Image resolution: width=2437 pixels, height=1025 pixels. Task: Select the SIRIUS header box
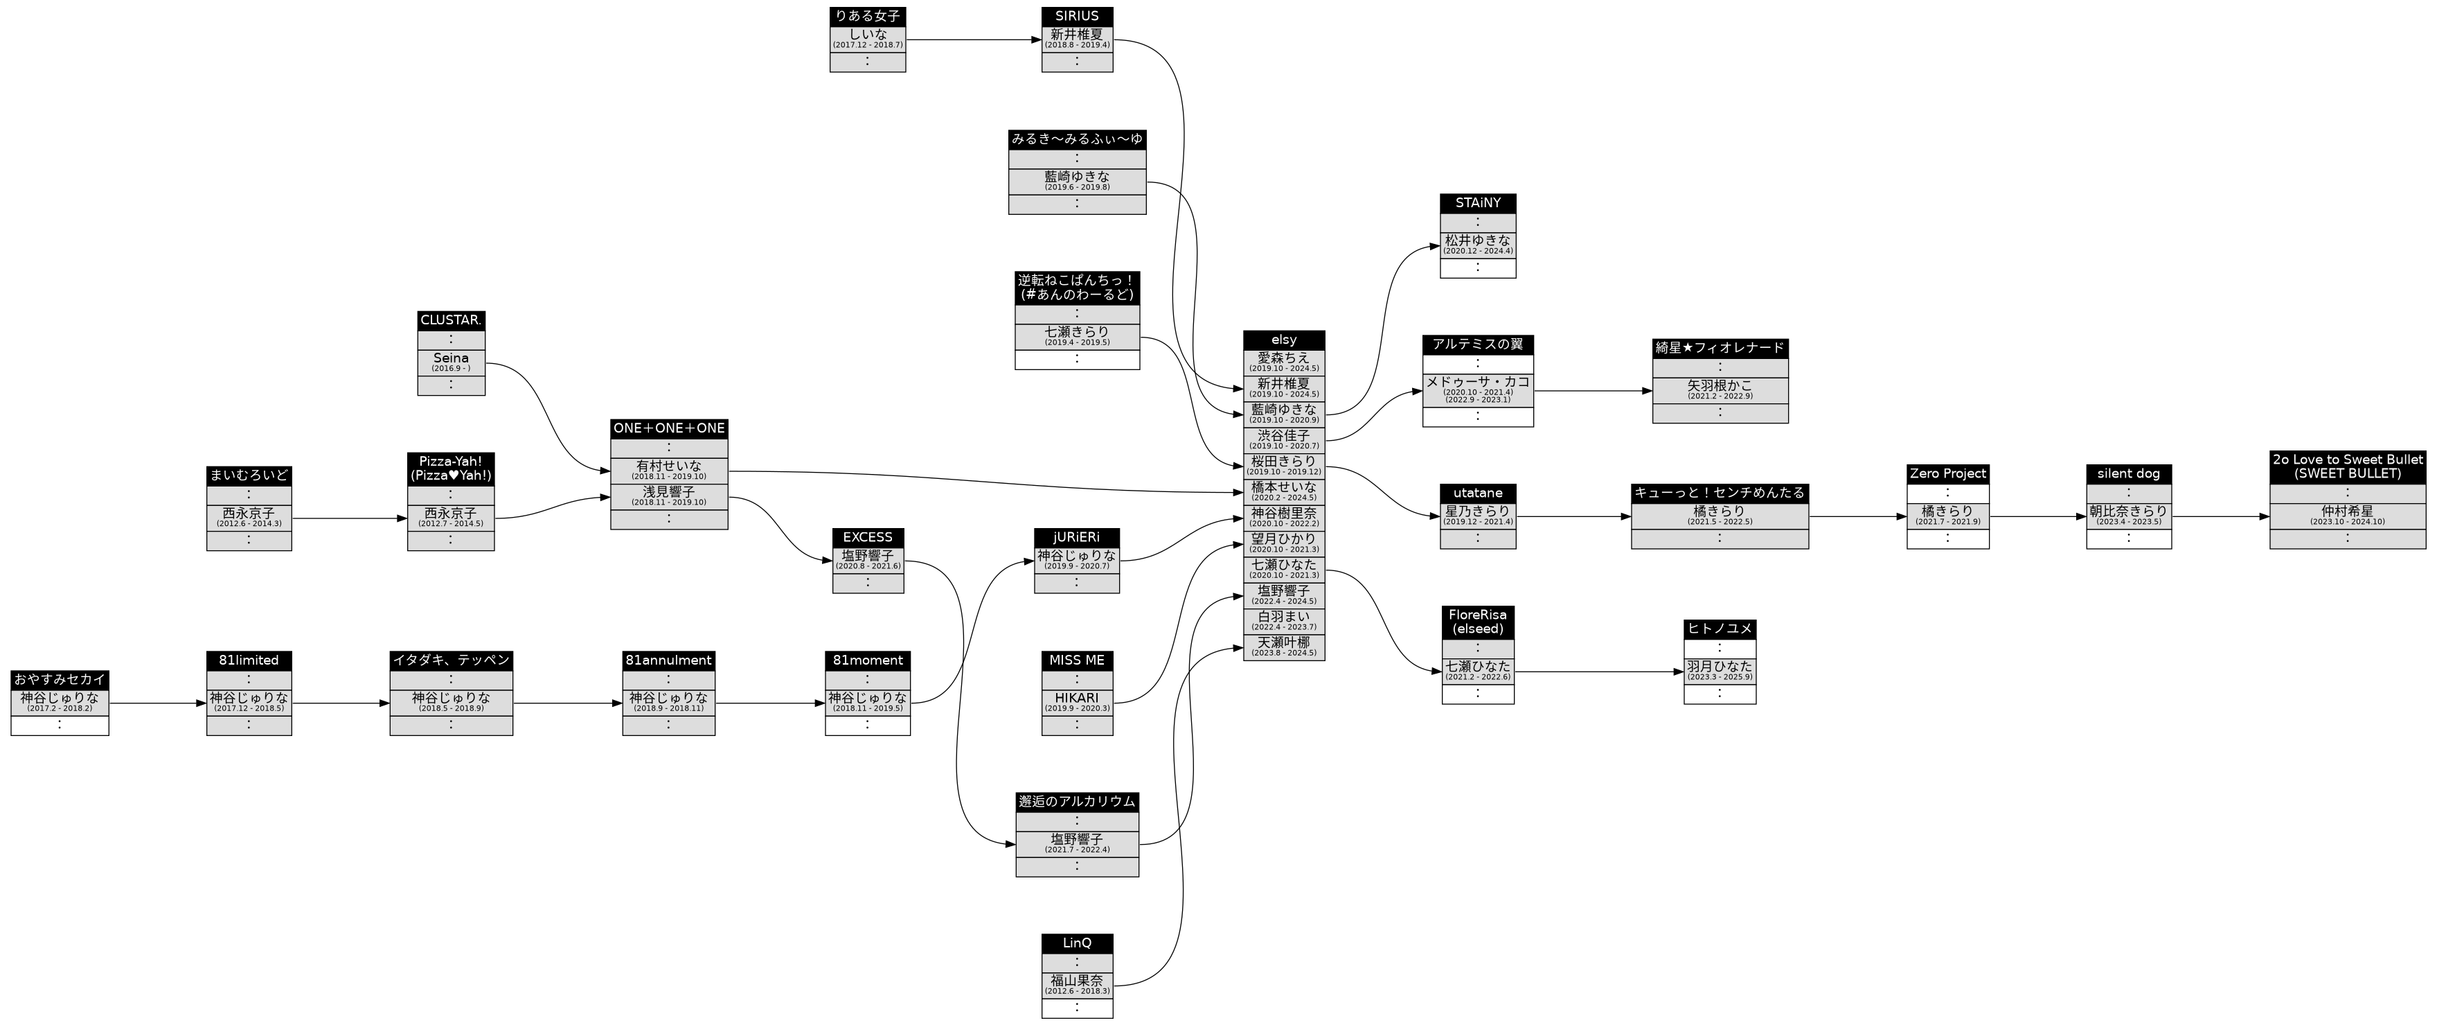pyautogui.click(x=1077, y=16)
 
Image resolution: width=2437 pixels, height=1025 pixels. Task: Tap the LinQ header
pyautogui.click(x=1077, y=944)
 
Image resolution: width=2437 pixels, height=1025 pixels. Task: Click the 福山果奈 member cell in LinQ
pyautogui.click(x=1077, y=984)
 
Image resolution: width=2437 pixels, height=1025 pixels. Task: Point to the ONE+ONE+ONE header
pyautogui.click(x=669, y=429)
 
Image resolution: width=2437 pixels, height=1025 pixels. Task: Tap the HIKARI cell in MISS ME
pyautogui.click(x=1077, y=702)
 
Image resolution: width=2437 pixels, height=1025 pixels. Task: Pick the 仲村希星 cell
pyautogui.click(x=2346, y=516)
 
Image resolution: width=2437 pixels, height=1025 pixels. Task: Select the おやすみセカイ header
pyautogui.click(x=60, y=680)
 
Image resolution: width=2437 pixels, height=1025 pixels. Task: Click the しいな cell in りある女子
pyautogui.click(x=868, y=39)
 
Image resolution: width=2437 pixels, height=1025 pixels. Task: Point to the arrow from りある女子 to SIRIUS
pyautogui.click(x=974, y=40)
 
